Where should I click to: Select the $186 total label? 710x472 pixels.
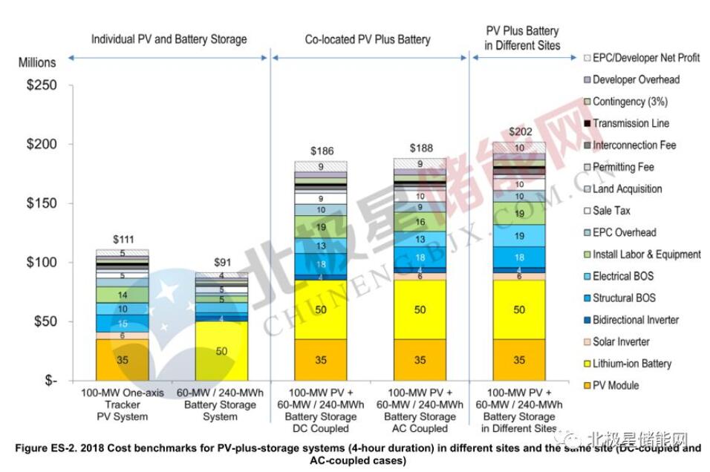pyautogui.click(x=320, y=150)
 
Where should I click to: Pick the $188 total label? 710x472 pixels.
pyautogui.click(x=420, y=148)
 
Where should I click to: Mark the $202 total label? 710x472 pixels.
pyautogui.click(x=519, y=132)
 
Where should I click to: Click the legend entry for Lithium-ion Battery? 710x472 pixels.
pyautogui.click(x=631, y=364)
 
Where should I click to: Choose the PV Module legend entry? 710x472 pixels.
pyautogui.click(x=615, y=385)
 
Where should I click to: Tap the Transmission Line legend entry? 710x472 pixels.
pyautogui.click(x=631, y=123)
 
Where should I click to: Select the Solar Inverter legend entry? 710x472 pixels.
pyautogui.click(x=621, y=341)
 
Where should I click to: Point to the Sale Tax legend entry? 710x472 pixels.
pyautogui.click(x=613, y=211)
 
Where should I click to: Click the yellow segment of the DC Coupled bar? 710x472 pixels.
pyautogui.click(x=320, y=309)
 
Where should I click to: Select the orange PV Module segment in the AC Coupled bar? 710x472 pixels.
pyautogui.click(x=420, y=360)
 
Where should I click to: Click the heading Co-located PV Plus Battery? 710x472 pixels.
pyautogui.click(x=368, y=39)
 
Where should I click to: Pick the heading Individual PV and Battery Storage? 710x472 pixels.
pyautogui.click(x=169, y=39)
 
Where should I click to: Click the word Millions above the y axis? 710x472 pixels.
pyautogui.click(x=37, y=63)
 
